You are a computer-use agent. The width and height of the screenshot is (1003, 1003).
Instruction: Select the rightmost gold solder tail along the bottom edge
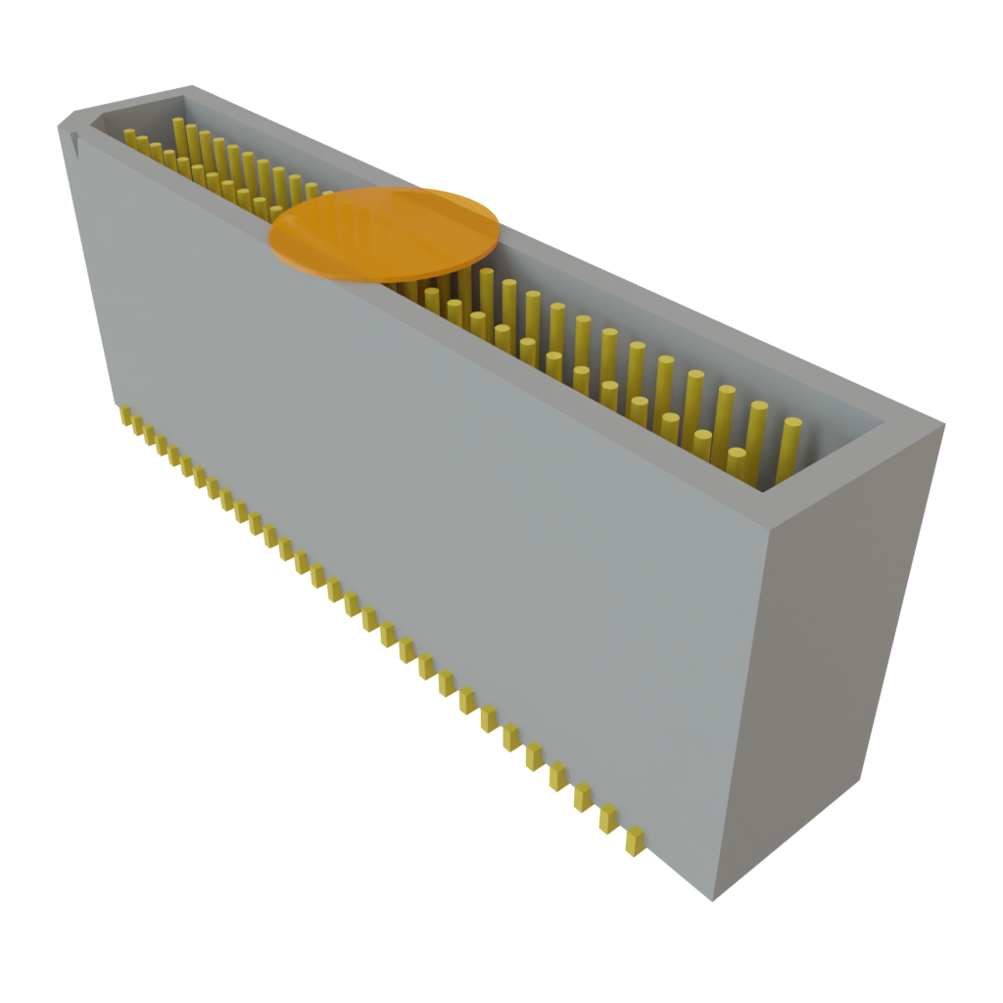(x=635, y=841)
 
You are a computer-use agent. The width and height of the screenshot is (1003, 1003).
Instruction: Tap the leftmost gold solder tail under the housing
(x=125, y=416)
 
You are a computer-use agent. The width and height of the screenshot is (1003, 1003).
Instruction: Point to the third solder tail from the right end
(x=583, y=796)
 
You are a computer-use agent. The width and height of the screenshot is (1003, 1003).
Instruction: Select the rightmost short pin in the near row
(x=737, y=463)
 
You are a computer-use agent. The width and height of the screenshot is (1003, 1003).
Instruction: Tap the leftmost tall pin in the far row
(x=179, y=137)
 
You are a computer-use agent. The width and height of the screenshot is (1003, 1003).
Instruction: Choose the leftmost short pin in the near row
(x=129, y=136)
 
